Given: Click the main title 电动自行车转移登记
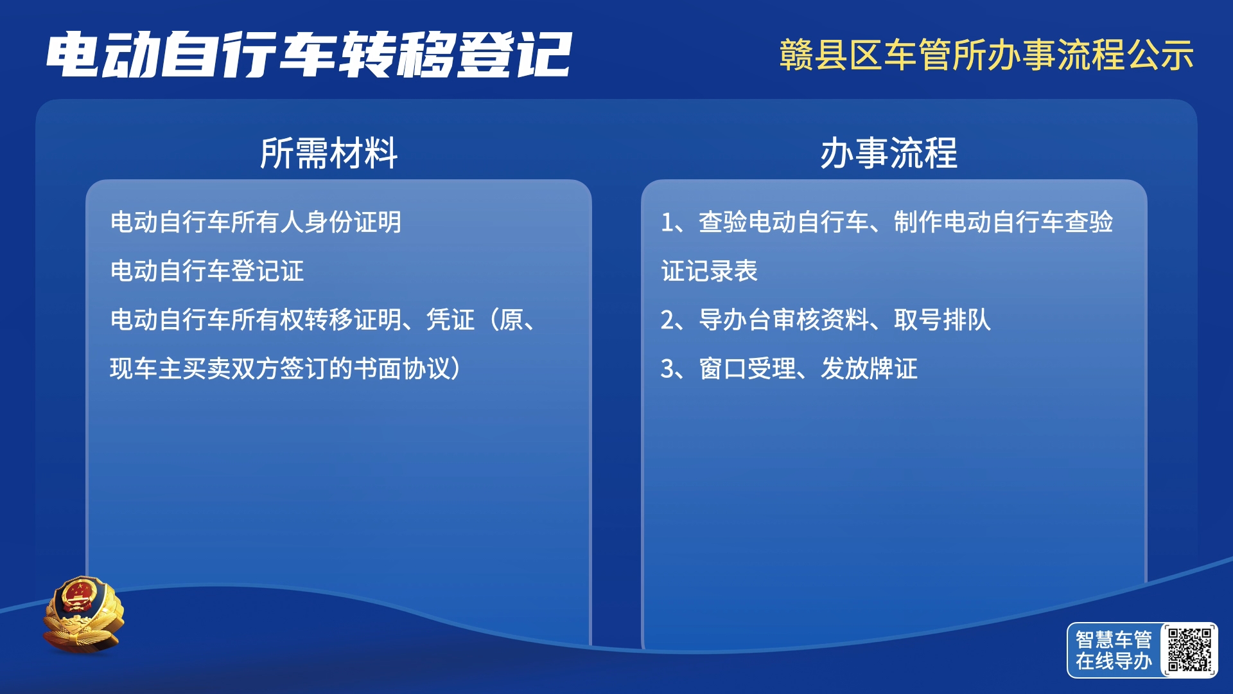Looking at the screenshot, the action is tap(308, 55).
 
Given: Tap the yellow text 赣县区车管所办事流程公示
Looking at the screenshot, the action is tap(986, 55).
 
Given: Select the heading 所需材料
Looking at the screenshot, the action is tap(329, 154).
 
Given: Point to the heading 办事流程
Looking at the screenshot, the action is tap(889, 154).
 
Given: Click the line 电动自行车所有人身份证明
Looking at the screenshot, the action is tap(256, 222).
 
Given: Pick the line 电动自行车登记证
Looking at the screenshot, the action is tap(207, 271).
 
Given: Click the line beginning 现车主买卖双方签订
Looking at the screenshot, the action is tap(286, 369).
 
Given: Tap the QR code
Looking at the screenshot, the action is tap(1189, 650).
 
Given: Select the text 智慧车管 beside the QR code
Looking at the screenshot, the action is tap(1114, 639).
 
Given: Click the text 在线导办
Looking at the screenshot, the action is tap(1114, 661).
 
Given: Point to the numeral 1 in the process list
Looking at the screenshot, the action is tap(667, 222).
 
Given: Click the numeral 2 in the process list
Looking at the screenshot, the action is tap(667, 320).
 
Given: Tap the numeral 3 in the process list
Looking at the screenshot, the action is tap(667, 369).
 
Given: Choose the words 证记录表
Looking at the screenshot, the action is tap(710, 271).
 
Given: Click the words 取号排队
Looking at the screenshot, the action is tap(943, 320).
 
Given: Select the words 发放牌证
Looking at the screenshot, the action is tap(870, 369).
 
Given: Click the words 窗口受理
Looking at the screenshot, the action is tap(748, 369).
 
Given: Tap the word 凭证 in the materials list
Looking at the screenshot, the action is tap(451, 320).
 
